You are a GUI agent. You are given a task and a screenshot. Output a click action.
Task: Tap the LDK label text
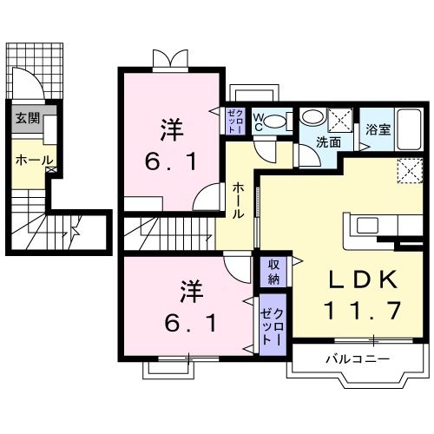click(x=364, y=279)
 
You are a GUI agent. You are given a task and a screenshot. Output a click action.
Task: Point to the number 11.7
click(x=364, y=309)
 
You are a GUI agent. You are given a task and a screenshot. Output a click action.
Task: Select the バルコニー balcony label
click(x=358, y=358)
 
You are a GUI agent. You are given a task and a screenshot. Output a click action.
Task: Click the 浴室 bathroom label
click(x=376, y=132)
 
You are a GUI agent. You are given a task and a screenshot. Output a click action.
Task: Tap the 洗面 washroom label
click(x=327, y=142)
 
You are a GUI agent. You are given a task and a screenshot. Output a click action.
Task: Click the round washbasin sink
click(x=312, y=118)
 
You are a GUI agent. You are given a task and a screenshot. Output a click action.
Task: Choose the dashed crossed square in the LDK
click(x=408, y=171)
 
